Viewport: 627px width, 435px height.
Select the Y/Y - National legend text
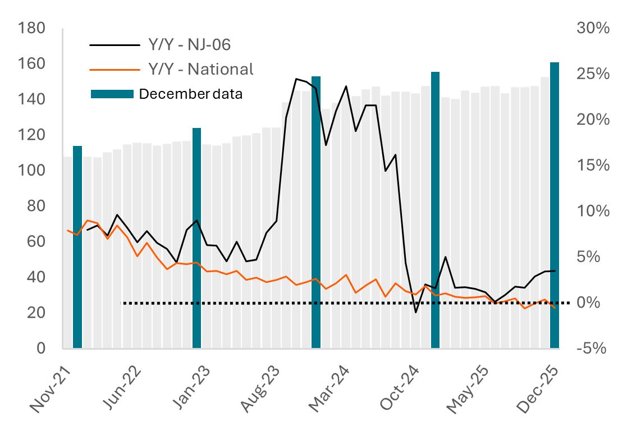click(200, 68)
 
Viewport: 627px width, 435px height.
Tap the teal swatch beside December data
click(112, 94)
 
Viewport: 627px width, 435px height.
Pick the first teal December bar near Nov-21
click(77, 247)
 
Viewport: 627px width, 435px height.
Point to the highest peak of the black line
click(296, 79)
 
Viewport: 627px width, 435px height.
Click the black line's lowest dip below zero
click(416, 313)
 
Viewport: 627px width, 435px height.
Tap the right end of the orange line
click(555, 308)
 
